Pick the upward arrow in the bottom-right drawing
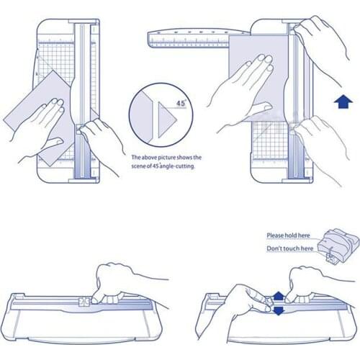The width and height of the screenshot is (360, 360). (x=279, y=296)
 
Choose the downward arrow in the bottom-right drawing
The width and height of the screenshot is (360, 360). (x=279, y=310)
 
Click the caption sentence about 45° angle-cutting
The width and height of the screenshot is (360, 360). (x=166, y=162)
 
